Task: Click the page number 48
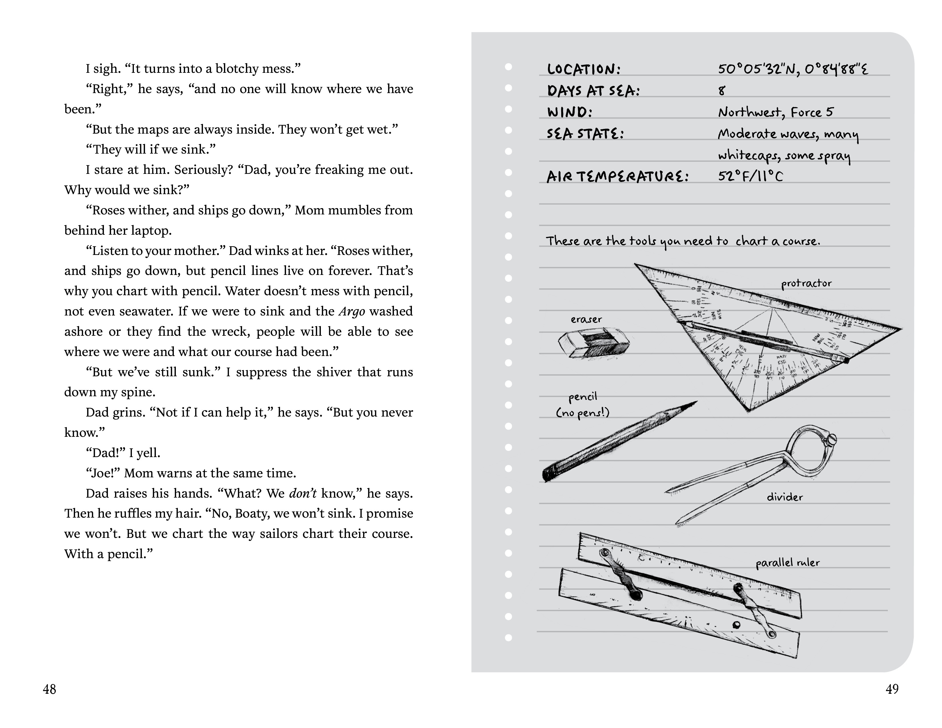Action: (x=50, y=689)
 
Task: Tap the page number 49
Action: (x=892, y=689)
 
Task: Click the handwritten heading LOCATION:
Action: (x=583, y=69)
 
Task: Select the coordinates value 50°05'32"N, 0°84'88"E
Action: (x=793, y=69)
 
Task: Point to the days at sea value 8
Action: (x=722, y=90)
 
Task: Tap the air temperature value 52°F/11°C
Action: (x=750, y=176)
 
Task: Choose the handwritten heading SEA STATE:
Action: (x=585, y=133)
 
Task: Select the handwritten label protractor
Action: (x=806, y=284)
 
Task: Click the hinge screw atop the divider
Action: (x=831, y=440)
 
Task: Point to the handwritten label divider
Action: (x=784, y=497)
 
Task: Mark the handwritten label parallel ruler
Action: (x=788, y=563)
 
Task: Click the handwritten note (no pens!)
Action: (x=583, y=413)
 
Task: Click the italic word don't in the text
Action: (x=303, y=493)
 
